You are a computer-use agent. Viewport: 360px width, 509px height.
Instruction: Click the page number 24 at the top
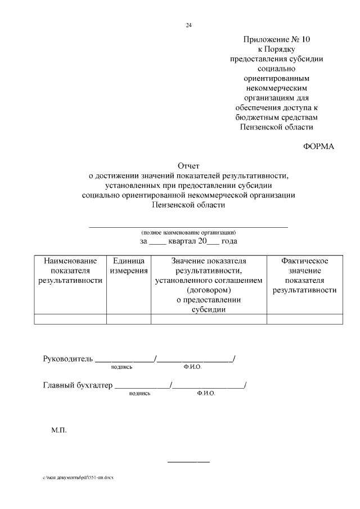(x=188, y=25)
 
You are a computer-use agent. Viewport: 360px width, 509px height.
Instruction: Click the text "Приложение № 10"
(x=277, y=39)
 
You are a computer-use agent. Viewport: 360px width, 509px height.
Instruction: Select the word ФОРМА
(x=318, y=146)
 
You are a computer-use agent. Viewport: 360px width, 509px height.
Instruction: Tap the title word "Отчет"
(x=188, y=166)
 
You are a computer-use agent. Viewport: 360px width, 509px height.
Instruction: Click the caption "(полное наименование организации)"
(x=188, y=232)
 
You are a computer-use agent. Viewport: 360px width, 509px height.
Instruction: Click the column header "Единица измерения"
(x=129, y=266)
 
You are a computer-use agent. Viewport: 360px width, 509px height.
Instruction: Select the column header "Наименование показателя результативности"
(x=70, y=271)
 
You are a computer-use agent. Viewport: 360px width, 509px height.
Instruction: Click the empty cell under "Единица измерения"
(x=129, y=319)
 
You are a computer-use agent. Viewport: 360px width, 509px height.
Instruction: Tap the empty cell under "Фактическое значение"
(x=304, y=319)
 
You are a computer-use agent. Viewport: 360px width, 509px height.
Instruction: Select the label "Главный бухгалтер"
(x=78, y=385)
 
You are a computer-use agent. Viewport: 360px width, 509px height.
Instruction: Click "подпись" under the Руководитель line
(x=121, y=367)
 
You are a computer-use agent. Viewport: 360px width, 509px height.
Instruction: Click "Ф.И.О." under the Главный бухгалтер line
(x=206, y=394)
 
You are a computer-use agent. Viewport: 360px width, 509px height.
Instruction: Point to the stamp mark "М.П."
(x=59, y=430)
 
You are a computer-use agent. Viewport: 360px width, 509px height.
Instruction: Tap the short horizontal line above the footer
(x=188, y=462)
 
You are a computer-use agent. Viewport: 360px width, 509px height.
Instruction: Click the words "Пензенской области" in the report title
(x=188, y=205)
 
